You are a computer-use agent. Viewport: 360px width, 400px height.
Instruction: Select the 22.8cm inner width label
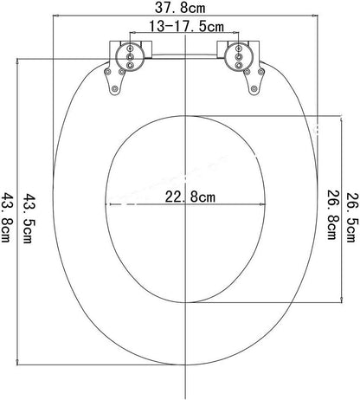coord(189,197)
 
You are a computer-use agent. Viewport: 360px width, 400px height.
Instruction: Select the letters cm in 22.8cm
coord(207,197)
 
